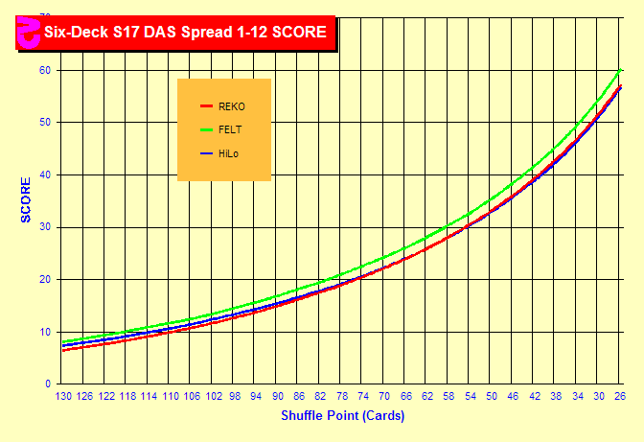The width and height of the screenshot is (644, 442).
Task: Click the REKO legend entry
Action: pos(231,106)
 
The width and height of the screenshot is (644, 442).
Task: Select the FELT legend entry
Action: pos(230,129)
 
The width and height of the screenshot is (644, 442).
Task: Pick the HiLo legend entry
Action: pos(229,153)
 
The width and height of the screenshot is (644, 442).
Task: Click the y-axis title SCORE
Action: pos(26,200)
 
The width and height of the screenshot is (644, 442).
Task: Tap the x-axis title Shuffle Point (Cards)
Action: pos(342,416)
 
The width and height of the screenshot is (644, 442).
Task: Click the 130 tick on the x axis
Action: pos(64,396)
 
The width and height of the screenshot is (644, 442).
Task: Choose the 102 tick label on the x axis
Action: pos(214,396)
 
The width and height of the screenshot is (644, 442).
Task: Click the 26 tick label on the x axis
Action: pos(621,396)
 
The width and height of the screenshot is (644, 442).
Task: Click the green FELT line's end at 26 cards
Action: pos(621,70)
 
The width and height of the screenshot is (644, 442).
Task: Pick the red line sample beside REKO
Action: pos(205,106)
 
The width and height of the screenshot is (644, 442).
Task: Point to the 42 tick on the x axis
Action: pos(536,396)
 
